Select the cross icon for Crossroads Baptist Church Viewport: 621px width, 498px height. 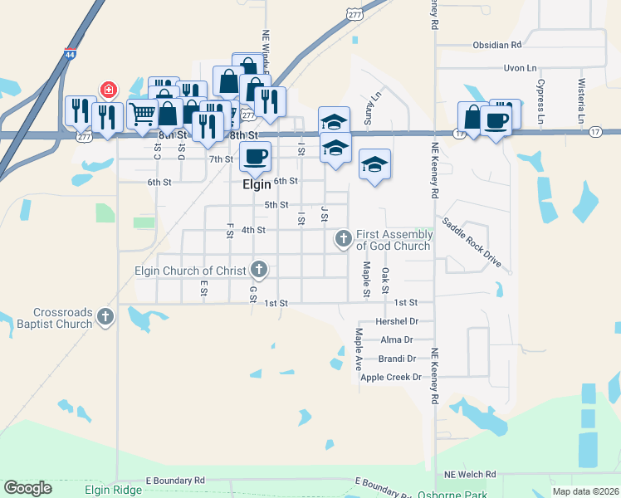point(105,316)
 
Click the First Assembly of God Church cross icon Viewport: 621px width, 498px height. point(343,240)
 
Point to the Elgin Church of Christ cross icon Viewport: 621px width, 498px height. point(259,270)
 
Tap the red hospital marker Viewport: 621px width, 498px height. point(108,89)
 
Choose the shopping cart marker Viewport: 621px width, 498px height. point(142,113)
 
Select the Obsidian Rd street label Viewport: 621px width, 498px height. point(496,45)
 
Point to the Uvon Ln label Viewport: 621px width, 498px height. point(520,68)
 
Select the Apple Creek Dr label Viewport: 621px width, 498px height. point(391,377)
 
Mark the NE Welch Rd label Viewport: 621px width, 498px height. point(470,475)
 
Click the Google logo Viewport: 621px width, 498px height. point(27,488)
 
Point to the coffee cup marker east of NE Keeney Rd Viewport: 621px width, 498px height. point(496,121)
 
